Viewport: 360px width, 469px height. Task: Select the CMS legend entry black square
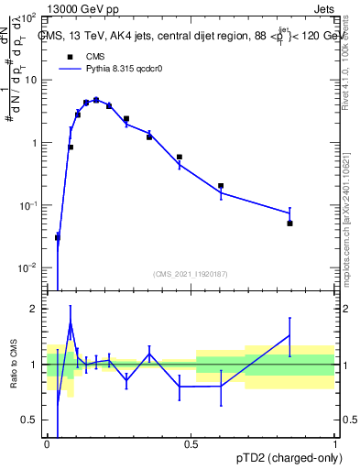pyautogui.click(x=70, y=56)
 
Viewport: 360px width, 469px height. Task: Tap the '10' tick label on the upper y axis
pyautogui.click(x=30, y=80)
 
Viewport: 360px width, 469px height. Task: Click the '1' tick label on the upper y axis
pyautogui.click(x=34, y=143)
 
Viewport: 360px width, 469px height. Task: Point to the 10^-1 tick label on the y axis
pyautogui.click(x=27, y=205)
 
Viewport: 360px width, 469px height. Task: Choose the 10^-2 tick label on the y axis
pyautogui.click(x=27, y=267)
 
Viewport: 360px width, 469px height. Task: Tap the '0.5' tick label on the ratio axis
pyautogui.click(x=29, y=420)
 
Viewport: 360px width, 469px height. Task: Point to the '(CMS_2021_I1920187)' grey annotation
pyautogui.click(x=191, y=273)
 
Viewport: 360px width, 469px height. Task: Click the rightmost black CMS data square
pyautogui.click(x=289, y=224)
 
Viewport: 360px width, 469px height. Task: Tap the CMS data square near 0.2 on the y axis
pyautogui.click(x=221, y=186)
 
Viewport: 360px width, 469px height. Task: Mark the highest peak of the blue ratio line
pyautogui.click(x=70, y=322)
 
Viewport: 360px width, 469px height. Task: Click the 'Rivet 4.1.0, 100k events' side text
pyautogui.click(x=350, y=60)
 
